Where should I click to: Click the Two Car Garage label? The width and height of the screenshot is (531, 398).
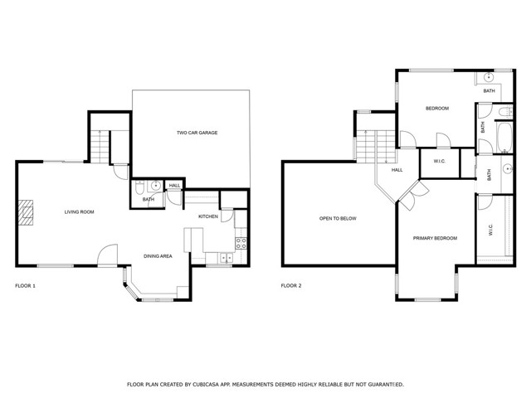[x=197, y=133]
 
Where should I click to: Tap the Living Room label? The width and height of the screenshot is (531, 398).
[x=80, y=212]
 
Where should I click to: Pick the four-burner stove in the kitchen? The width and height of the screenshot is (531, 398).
[x=241, y=243]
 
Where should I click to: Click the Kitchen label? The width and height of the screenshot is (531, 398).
[x=207, y=217]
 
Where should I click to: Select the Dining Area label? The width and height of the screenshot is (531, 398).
[x=158, y=256]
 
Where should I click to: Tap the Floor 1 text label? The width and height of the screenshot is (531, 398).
[x=26, y=285]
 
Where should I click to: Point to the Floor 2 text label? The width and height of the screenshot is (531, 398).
[x=291, y=285]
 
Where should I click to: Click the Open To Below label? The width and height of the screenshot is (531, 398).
[x=338, y=219]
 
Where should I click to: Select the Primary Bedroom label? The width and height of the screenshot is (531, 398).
[x=435, y=238]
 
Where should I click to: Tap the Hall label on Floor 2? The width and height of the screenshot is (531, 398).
[x=397, y=170]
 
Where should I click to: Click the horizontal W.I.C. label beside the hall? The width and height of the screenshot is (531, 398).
[x=438, y=161]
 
